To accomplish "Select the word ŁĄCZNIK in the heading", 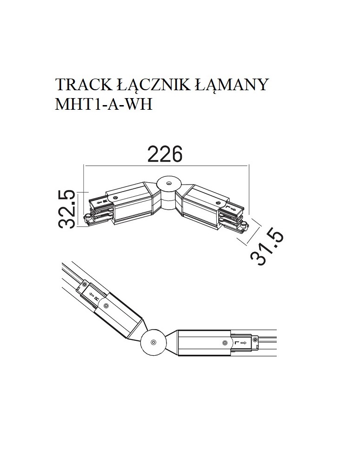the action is [151, 85].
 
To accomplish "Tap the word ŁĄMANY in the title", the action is [231, 85].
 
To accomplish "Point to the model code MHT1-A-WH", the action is [104, 104].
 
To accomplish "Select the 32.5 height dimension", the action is [66, 209].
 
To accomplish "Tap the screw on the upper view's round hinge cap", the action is [168, 183].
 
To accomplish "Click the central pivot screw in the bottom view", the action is [153, 342].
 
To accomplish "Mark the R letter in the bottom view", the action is [96, 299].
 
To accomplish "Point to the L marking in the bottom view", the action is [237, 343].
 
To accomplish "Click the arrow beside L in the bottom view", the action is [243, 343].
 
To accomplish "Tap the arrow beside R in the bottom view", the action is [90, 295].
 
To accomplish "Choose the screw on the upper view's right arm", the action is [219, 204].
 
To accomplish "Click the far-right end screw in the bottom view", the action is [255, 339].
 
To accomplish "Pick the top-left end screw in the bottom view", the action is [84, 285].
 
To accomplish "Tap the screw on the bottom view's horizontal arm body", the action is [225, 343].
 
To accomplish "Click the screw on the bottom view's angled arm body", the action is [106, 306].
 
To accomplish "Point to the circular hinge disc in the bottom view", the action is [153, 342].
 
